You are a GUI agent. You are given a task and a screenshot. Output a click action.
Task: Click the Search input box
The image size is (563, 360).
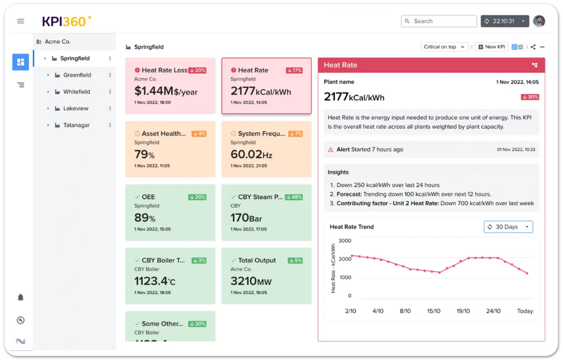[x=439, y=21]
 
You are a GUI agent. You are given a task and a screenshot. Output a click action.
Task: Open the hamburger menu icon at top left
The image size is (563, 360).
[x=21, y=21]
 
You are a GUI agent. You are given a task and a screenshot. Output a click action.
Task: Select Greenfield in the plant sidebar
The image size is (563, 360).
[x=77, y=75]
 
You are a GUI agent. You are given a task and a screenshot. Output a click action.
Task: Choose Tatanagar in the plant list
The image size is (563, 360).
[x=76, y=125]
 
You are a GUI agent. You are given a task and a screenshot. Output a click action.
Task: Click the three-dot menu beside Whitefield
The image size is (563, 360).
[x=110, y=92]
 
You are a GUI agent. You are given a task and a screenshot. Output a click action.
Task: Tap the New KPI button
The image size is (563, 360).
[x=492, y=47]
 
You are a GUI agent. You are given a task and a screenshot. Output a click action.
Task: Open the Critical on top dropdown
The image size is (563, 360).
[x=444, y=47]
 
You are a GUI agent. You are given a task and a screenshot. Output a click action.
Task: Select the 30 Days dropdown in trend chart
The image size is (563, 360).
[x=508, y=227]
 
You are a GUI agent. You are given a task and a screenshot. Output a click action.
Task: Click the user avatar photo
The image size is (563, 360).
[x=539, y=21]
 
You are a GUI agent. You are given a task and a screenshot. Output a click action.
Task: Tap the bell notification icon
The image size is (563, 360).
[x=21, y=298]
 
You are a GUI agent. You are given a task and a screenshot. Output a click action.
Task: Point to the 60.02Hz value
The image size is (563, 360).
[x=251, y=154]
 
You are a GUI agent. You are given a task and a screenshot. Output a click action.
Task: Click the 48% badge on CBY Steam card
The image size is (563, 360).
[x=294, y=197]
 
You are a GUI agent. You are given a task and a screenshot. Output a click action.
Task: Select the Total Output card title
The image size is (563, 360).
[x=257, y=260]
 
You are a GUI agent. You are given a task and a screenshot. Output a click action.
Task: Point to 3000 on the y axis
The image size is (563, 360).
[x=345, y=241]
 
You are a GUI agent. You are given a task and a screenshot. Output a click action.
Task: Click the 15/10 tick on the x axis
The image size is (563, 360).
[x=434, y=311]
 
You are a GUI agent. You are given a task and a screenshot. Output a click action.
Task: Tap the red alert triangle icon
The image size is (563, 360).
[x=331, y=150]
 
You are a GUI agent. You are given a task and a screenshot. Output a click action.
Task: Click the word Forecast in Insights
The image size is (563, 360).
[x=350, y=195]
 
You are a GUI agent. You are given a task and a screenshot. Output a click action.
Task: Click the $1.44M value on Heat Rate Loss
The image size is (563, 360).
[x=153, y=91]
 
